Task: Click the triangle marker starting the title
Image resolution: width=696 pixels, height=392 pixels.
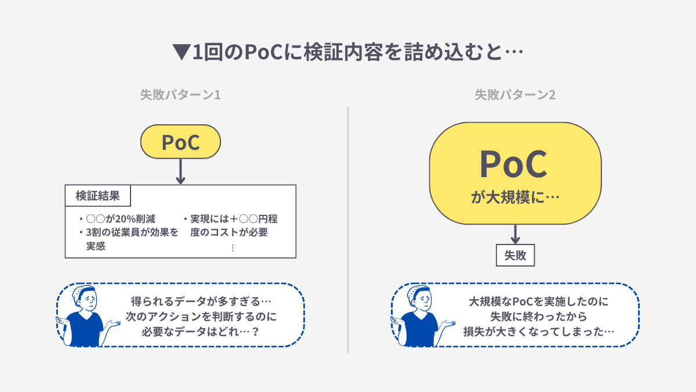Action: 182,53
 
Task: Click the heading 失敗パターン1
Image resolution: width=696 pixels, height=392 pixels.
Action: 180,95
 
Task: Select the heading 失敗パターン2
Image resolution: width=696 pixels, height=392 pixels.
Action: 515,95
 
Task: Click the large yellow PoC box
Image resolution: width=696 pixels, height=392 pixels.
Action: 515,172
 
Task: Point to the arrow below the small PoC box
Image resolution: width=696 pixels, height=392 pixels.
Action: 180,172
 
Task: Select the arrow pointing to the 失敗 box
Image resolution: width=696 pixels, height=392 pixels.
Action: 515,233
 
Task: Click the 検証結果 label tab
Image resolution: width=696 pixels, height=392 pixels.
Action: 98,196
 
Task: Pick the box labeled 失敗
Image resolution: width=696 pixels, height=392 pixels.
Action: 515,255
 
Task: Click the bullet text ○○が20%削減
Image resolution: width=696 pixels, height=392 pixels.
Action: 120,219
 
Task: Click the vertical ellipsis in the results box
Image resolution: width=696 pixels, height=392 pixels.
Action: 233,248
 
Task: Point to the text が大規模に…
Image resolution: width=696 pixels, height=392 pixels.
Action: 515,197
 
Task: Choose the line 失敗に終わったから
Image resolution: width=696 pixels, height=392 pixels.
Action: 539,317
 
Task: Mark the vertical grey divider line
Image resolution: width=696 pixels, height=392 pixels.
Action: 348,229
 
